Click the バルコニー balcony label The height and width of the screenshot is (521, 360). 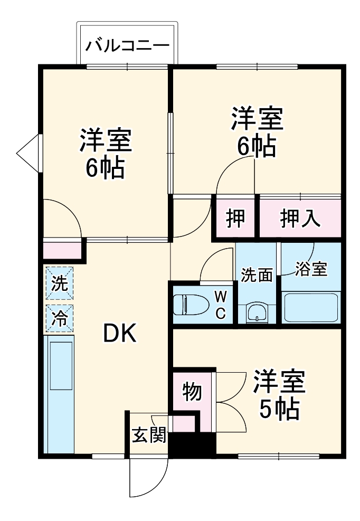128,44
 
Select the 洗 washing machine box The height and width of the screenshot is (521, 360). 59,283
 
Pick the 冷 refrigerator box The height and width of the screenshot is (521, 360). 59,318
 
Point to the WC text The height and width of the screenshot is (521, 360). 220,304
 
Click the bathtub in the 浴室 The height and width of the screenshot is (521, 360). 310,308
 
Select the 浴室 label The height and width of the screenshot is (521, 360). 311,269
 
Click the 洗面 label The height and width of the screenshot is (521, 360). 257,275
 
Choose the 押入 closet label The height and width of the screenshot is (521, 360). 300,218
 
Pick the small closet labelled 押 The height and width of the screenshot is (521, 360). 235,218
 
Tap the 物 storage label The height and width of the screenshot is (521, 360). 192,392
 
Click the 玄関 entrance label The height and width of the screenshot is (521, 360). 149,435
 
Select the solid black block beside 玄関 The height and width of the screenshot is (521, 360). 193,444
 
